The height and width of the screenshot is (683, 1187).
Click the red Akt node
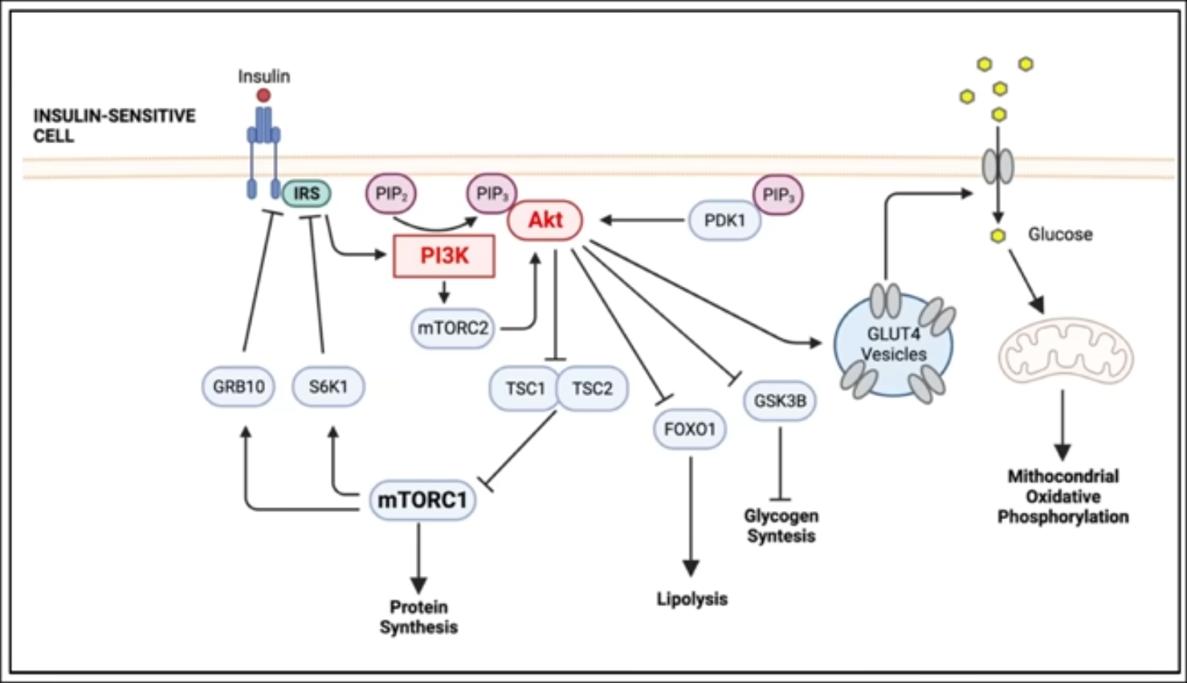pyautogui.click(x=545, y=220)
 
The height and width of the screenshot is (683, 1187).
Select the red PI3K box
pyautogui.click(x=444, y=256)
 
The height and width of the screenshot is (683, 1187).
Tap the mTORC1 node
pyautogui.click(x=422, y=500)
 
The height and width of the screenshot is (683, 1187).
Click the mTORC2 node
pyautogui.click(x=452, y=329)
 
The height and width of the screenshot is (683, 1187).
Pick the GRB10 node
pyautogui.click(x=239, y=387)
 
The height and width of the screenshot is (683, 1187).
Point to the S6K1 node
pyautogui.click(x=328, y=387)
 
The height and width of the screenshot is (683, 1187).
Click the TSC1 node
pyautogui.click(x=524, y=389)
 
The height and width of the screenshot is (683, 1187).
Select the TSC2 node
pyautogui.click(x=593, y=389)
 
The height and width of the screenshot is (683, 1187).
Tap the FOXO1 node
pyautogui.click(x=690, y=429)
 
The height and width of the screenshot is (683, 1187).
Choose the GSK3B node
pyautogui.click(x=780, y=400)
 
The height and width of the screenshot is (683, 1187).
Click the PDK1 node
pyautogui.click(x=724, y=221)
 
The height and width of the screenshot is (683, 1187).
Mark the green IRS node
pyautogui.click(x=306, y=194)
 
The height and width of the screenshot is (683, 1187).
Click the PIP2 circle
pyautogui.click(x=391, y=194)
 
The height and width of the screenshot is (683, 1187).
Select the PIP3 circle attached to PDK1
pyautogui.click(x=777, y=194)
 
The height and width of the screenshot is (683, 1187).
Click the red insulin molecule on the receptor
pyautogui.click(x=263, y=96)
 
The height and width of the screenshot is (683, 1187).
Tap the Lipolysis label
pyautogui.click(x=691, y=599)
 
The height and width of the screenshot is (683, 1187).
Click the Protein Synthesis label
pyautogui.click(x=418, y=617)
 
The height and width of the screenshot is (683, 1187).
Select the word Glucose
pyautogui.click(x=1060, y=235)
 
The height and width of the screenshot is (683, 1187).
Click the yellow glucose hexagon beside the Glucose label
pyautogui.click(x=998, y=235)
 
